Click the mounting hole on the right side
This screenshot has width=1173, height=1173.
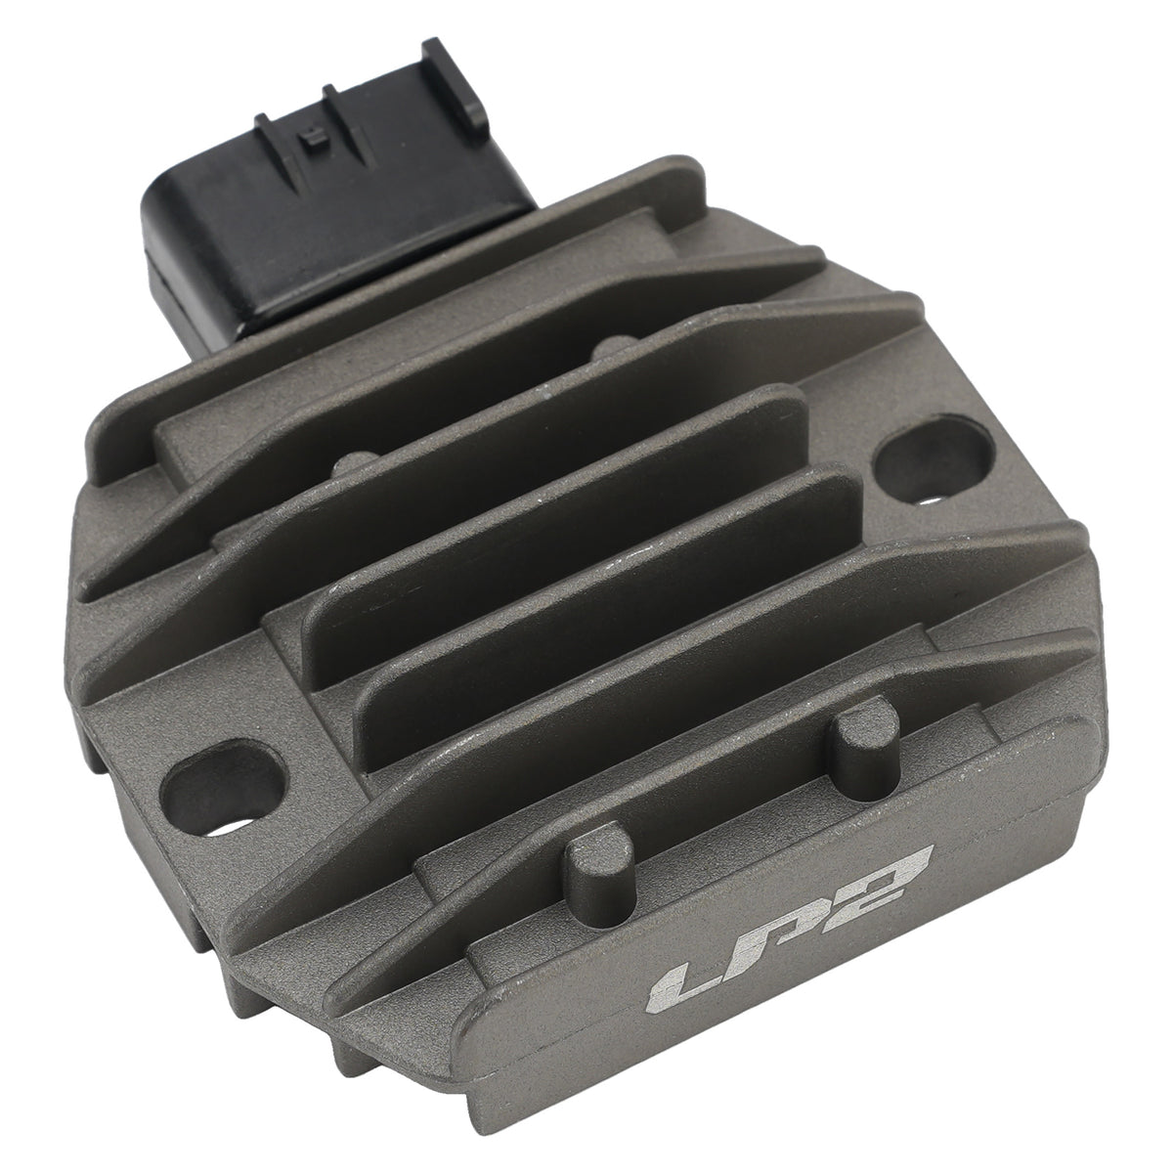coord(934,460)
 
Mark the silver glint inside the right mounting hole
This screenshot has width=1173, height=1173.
coord(931,500)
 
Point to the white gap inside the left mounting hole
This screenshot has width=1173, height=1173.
coord(235,828)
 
